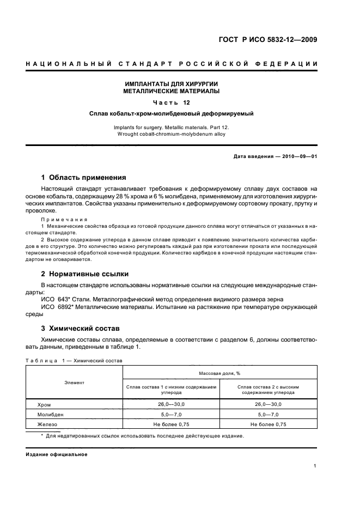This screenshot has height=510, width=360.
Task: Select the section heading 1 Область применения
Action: [x=84, y=177]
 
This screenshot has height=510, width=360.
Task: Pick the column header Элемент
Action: [x=75, y=383]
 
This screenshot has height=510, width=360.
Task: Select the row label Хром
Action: [x=44, y=404]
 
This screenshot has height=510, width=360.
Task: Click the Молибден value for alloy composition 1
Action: [x=172, y=414]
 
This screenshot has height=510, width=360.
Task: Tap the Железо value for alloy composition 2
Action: [x=269, y=424]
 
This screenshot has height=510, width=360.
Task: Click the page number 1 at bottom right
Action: [x=315, y=466]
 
